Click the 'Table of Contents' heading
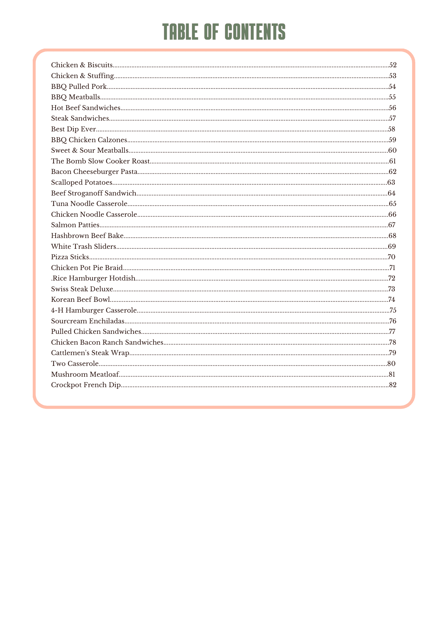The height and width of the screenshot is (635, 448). tap(224, 32)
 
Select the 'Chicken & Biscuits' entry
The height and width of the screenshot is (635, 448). tap(82, 65)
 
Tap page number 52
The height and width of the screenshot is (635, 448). tap(393, 65)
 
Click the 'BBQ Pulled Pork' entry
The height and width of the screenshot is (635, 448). tap(79, 87)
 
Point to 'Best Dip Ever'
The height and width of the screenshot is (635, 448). tap(73, 129)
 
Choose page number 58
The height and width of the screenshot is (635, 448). tap(392, 129)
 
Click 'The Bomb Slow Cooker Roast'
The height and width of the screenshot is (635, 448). tap(100, 161)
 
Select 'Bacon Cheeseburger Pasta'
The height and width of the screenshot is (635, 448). tap(94, 172)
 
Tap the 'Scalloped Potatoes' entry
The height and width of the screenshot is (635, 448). tap(82, 182)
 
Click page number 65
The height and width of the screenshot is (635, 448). tap(393, 204)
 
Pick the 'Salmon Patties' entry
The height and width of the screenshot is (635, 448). tap(75, 225)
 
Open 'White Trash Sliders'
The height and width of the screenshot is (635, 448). tap(84, 247)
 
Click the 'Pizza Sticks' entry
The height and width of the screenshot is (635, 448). tap(70, 257)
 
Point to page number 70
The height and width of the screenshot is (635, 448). tap(392, 257)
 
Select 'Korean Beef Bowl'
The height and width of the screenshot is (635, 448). tap(81, 300)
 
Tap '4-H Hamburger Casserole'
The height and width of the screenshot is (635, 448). tap(94, 310)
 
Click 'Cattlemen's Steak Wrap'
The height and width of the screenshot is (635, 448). tap(90, 353)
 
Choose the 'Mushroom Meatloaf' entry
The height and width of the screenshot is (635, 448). tap(85, 374)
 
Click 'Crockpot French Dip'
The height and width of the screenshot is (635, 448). tap(86, 385)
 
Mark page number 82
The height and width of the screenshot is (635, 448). tap(393, 385)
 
